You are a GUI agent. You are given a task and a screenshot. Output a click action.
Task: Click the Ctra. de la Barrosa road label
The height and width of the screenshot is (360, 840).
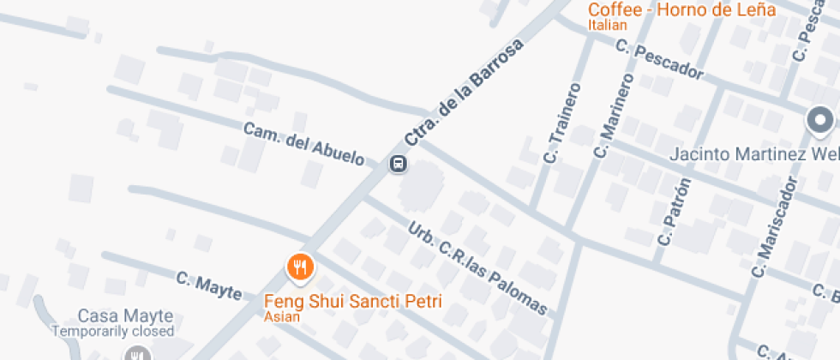[x=463, y=93]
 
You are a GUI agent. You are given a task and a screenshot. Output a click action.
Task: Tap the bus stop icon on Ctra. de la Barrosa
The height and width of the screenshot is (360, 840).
[x=398, y=164]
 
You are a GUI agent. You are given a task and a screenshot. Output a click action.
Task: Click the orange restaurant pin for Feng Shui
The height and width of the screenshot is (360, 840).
[x=299, y=267]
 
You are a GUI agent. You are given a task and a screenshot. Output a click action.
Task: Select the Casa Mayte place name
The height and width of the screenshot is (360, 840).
[x=125, y=315]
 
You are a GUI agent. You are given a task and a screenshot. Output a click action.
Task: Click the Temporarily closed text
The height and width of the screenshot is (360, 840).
[x=113, y=331]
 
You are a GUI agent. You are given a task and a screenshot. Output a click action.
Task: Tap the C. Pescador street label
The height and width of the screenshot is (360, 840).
[x=660, y=62]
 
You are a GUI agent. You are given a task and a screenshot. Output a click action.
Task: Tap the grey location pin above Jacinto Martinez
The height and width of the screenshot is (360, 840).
[x=820, y=120]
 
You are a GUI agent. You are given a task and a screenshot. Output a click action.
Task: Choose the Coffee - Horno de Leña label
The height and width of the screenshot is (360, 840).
[x=681, y=10]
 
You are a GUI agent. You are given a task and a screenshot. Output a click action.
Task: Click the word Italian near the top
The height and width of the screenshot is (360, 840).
[x=608, y=26]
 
